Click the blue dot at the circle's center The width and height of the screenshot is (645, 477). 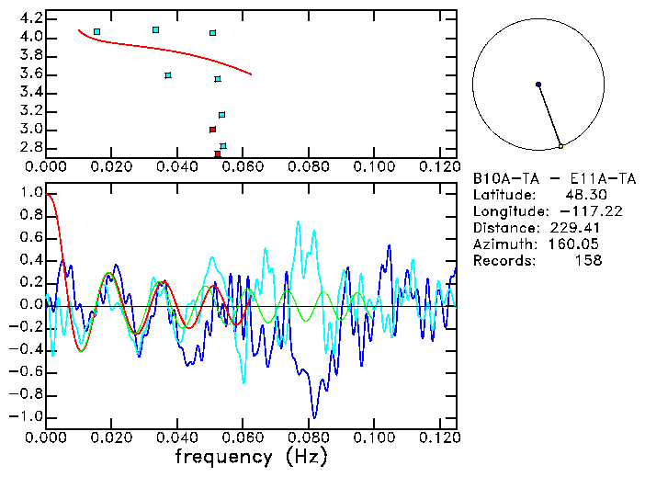(538, 85)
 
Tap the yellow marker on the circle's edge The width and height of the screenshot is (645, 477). (560, 146)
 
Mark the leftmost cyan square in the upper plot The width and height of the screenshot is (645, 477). (96, 32)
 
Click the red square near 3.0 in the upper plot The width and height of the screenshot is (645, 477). (212, 130)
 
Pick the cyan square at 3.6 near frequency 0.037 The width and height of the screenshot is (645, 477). (168, 75)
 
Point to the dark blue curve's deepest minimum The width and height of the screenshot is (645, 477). (314, 415)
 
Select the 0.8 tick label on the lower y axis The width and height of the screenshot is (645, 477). (30, 216)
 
